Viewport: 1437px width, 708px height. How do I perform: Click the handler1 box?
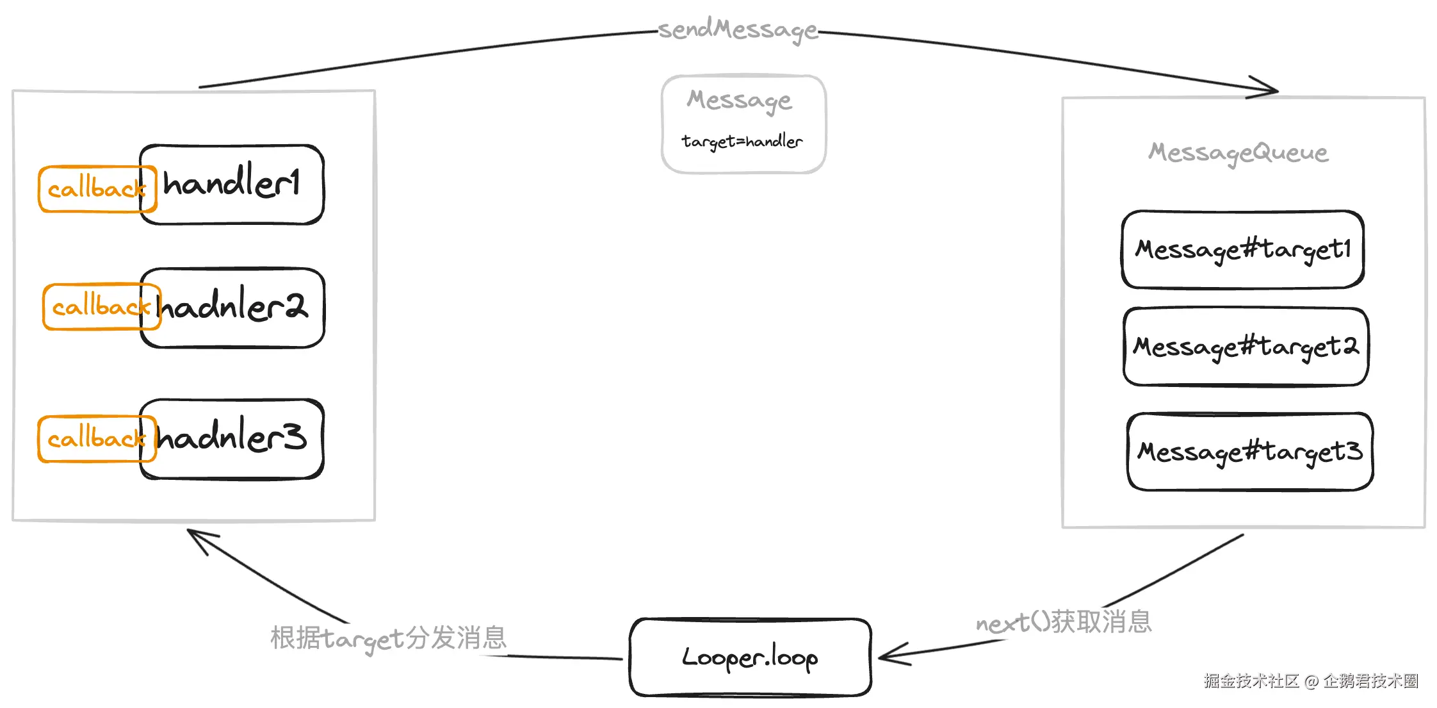click(232, 185)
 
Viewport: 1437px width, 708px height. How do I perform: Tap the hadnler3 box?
click(232, 439)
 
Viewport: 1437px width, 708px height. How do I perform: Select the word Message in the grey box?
click(740, 101)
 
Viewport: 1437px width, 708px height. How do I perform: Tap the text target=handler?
click(742, 142)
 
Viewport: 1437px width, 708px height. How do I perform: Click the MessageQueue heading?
click(1238, 152)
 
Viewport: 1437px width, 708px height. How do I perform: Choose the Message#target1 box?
click(1243, 249)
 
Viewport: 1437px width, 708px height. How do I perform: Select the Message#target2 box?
click(1246, 347)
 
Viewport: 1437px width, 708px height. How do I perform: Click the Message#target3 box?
click(1249, 452)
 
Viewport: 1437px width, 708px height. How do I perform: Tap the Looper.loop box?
click(750, 657)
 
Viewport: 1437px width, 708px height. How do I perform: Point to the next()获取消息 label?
click(1064, 622)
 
